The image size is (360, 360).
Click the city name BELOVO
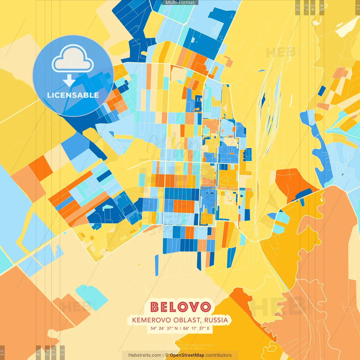pyautogui.click(x=180, y=307)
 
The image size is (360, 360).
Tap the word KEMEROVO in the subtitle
pyautogui.click(x=151, y=320)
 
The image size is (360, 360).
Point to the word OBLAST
pyautogui.click(x=187, y=320)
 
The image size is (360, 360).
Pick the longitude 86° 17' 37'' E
pyautogui.click(x=196, y=328)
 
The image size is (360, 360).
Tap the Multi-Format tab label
pyautogui.click(x=180, y=3)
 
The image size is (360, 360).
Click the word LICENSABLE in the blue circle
pyautogui.click(x=73, y=95)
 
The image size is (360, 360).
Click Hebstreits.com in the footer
pyautogui.click(x=145, y=355)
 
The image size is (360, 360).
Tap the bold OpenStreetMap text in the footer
pyautogui.click(x=187, y=355)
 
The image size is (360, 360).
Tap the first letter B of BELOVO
pyautogui.click(x=155, y=307)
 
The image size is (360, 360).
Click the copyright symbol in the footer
pyautogui.click(x=167, y=355)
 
